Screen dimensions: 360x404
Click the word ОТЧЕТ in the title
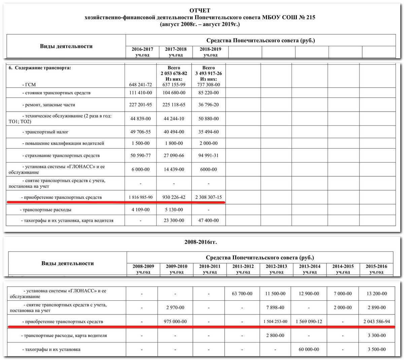pyautogui.click(x=200, y=11)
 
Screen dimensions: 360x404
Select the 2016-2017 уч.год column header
pyautogui.click(x=142, y=52)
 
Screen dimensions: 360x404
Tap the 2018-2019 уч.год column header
pyautogui.click(x=209, y=52)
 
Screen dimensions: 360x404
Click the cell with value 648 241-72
pyautogui.click(x=140, y=85)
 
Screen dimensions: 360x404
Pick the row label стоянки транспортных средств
pyautogui.click(x=56, y=93)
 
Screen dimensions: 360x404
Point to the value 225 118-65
pyautogui.click(x=174, y=105)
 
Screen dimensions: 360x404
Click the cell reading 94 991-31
pyautogui.click(x=208, y=156)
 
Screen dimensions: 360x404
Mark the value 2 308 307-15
pyautogui.click(x=208, y=197)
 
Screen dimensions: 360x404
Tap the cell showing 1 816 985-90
pyautogui.click(x=140, y=197)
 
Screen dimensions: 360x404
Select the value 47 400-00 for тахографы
pyautogui.click(x=208, y=220)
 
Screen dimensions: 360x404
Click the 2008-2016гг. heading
pyautogui.click(x=201, y=242)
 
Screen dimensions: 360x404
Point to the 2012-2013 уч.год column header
pyautogui.click(x=276, y=269)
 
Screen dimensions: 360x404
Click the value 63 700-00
pyautogui.click(x=242, y=294)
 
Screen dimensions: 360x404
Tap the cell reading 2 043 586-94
pyautogui.click(x=376, y=322)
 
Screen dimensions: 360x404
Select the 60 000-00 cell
pyautogui.click(x=309, y=350)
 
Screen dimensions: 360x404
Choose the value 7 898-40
pyautogui.click(x=275, y=307)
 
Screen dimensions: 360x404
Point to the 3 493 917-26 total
pyautogui.click(x=208, y=73)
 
